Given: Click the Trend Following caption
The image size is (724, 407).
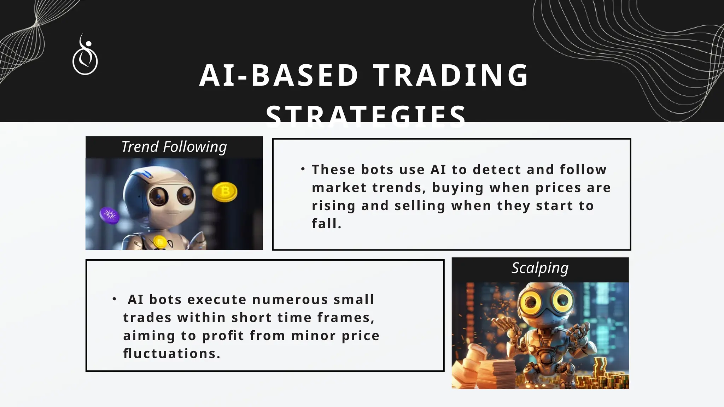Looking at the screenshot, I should tap(174, 147).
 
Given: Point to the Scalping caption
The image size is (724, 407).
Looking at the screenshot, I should tap(540, 268).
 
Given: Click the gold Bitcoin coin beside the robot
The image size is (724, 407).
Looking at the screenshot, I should tap(224, 192).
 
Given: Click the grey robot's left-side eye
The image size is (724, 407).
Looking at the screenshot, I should tap(158, 196).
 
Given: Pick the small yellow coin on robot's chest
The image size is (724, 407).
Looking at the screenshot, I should tap(160, 242).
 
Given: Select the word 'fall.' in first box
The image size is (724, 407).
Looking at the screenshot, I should tap(326, 224).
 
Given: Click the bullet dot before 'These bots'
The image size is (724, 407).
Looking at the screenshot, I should tap(303, 170).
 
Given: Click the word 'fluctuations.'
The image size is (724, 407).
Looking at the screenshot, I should tap(172, 354).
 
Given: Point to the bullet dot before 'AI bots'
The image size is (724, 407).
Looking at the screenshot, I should tap(114, 299).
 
